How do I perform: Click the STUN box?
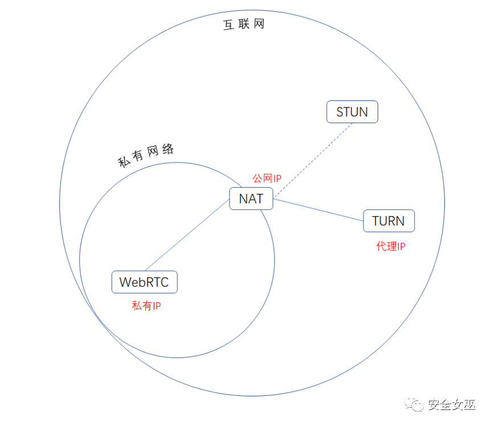point(352,112)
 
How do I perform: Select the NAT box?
point(251,198)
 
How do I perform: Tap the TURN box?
point(388,221)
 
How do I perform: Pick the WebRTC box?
point(144,282)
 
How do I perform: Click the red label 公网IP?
point(267,178)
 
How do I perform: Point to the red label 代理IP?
point(391,246)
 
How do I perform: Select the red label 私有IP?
point(146,306)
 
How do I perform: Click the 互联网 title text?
point(244,25)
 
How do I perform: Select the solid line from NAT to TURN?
point(319,209)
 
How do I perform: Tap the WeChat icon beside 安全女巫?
point(416,404)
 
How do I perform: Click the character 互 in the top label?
point(229,26)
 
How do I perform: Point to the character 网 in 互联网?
point(259,25)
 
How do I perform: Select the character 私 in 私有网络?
point(124,163)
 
